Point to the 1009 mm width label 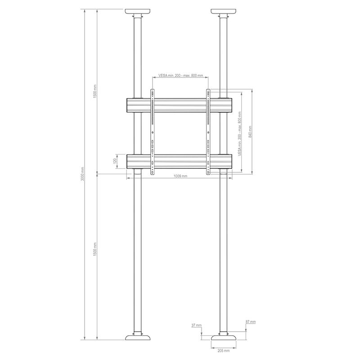(180, 176)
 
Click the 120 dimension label (115, 161)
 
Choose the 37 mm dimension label (197, 324)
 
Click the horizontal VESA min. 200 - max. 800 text (180, 76)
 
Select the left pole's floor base (138, 338)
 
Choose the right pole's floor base (224, 338)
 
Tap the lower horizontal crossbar (180, 161)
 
